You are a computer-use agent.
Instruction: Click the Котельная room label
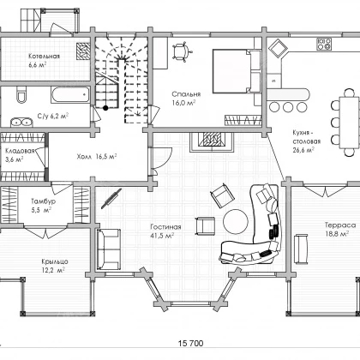tap(45, 56)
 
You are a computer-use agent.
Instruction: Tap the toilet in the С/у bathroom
tap(21, 93)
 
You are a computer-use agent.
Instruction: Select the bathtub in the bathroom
tap(70, 94)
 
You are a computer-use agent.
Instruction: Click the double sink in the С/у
tap(21, 123)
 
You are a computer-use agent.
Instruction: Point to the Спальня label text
tap(186, 94)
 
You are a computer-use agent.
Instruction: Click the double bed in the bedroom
tap(237, 71)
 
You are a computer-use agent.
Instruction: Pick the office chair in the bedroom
tap(181, 51)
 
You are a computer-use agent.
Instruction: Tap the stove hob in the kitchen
tap(324, 44)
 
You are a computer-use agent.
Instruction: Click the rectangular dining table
tap(349, 123)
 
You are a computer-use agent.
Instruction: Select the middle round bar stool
tap(288, 107)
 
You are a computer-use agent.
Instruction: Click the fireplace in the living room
tap(212, 141)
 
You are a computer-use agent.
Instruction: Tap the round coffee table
tap(236, 222)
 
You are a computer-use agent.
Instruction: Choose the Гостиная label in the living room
tap(165, 227)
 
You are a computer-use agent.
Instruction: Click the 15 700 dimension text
tap(190, 343)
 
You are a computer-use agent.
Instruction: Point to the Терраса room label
tap(340, 225)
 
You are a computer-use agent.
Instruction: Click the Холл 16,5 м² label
tap(97, 157)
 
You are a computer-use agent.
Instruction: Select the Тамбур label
tap(43, 201)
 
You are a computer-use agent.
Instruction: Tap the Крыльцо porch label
tap(55, 261)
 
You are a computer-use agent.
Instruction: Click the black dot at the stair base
tap(105, 108)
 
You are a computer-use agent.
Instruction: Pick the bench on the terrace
tap(302, 249)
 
